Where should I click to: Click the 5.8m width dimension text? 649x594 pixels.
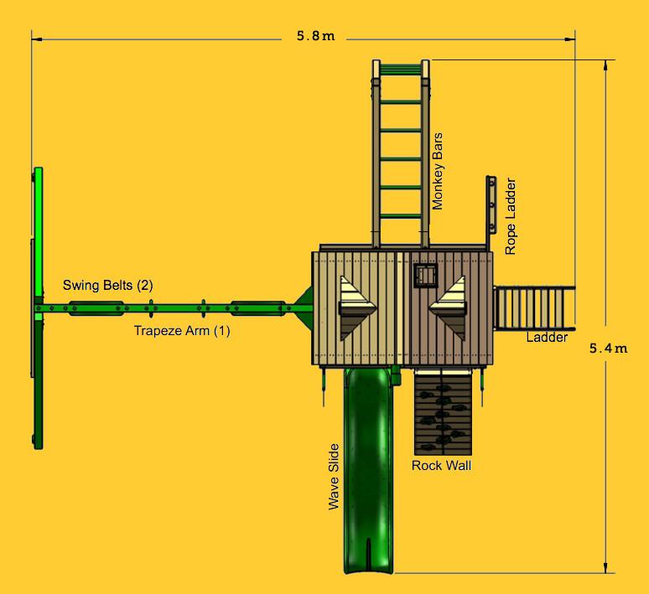(x=314, y=37)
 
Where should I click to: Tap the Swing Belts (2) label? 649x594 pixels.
(x=108, y=286)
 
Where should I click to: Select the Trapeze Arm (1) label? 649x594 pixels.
(x=182, y=331)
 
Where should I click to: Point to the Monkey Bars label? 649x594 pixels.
(x=439, y=170)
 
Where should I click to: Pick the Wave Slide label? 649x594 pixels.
(x=334, y=476)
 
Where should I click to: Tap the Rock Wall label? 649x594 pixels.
(x=440, y=465)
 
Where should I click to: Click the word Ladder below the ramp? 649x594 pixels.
(x=547, y=338)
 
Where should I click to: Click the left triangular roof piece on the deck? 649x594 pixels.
(x=354, y=307)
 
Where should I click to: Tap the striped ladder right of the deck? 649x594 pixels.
(x=535, y=307)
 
